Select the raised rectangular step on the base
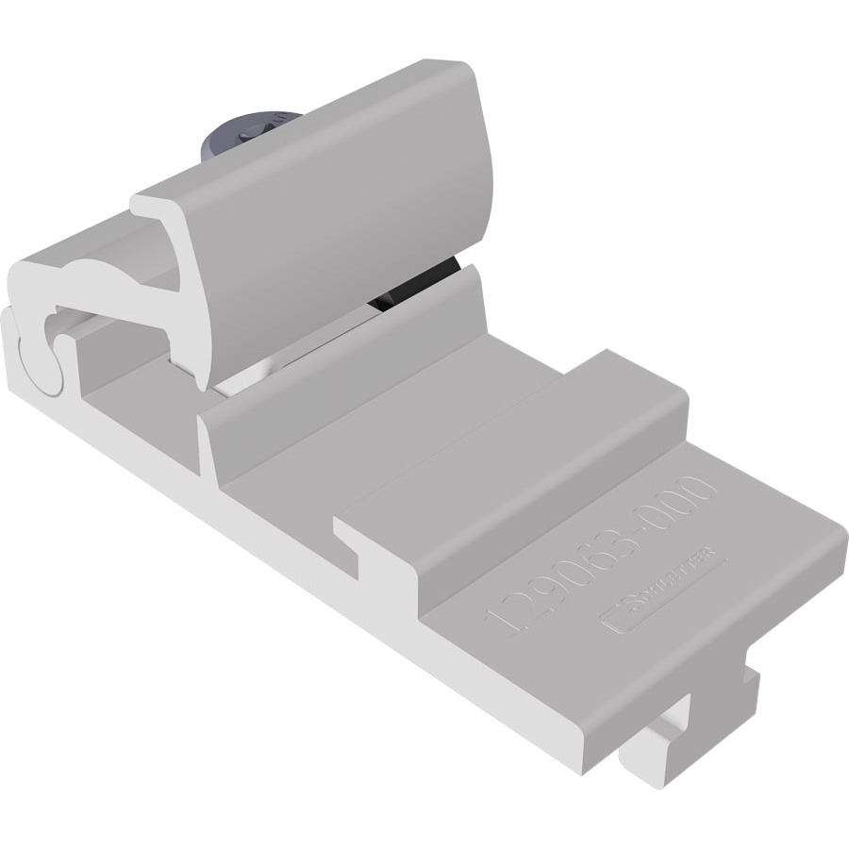[x=528, y=462]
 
